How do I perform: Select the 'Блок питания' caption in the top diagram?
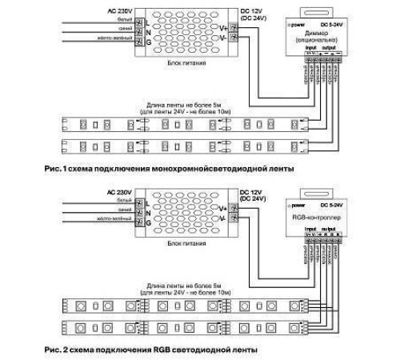[185, 60]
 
